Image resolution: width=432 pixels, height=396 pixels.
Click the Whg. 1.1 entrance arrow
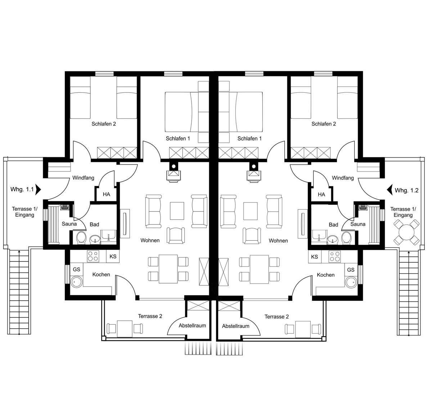coord(38,190)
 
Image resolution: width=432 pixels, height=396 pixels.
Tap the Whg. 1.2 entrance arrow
coord(390,190)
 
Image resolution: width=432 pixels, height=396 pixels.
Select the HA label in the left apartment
coord(107,195)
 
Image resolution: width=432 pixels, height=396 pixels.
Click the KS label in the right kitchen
coord(314,257)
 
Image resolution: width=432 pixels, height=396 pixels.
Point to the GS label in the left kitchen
coord(76,270)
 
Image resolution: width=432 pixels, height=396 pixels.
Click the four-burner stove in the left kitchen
coord(93,256)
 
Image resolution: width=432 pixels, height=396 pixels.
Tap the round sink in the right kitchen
coord(351,282)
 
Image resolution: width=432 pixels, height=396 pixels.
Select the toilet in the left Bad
coord(81,238)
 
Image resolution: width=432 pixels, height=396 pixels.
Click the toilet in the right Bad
coord(346,238)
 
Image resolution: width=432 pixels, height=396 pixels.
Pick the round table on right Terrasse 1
coord(406,232)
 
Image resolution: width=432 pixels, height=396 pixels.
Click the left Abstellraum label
coord(192,325)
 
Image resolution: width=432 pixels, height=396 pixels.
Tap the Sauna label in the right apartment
coord(358,224)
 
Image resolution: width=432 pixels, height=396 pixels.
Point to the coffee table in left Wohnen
coord(177,210)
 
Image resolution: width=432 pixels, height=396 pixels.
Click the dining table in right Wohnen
coord(259,269)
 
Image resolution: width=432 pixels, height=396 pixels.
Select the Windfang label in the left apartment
coord(83,178)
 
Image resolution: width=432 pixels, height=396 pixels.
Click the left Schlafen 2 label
coord(104,124)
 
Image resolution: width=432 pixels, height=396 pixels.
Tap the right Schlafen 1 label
coord(249,139)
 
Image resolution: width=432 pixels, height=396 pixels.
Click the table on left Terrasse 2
coord(125,329)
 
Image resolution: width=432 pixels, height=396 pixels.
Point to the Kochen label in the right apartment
coord(325,275)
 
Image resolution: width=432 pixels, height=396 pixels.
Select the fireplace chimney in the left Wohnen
coord(174,166)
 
